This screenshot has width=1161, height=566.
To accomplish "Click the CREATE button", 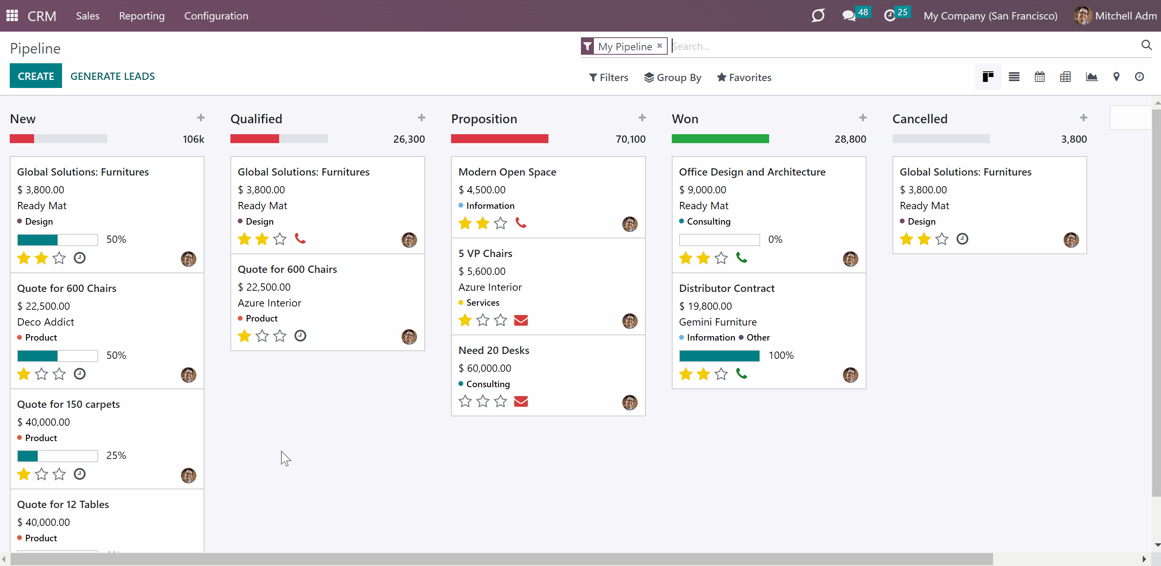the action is pos(36,76).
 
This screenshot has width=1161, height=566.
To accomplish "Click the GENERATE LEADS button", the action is pos(112,76).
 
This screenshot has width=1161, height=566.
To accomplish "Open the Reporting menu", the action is pos(142,16).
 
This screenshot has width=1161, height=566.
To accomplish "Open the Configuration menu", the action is pos(216,16).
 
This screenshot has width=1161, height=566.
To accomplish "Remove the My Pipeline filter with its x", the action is pos(659,45).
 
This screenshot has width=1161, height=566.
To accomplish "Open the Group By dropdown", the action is pos(673,77).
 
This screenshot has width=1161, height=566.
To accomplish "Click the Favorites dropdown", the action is pos(744,77).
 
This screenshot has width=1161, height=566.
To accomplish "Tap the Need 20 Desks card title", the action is pos(494,350).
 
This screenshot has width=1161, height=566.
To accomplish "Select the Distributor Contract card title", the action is pos(727,288).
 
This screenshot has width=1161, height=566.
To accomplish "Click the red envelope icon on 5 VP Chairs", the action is pos(520,320).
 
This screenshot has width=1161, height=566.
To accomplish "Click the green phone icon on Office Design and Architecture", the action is pos(742,257).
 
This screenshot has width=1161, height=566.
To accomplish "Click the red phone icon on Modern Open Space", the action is pos(520,223).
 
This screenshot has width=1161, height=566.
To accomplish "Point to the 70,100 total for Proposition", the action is pos(630,139).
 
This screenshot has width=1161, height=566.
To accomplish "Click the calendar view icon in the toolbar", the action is pos(1039,77).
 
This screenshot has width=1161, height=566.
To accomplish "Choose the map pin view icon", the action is pos(1116,77).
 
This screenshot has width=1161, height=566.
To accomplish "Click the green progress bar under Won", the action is pos(720,139).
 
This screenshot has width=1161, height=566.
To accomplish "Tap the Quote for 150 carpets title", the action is pos(69,404).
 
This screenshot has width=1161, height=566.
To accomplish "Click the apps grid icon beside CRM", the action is pos(12,16).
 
